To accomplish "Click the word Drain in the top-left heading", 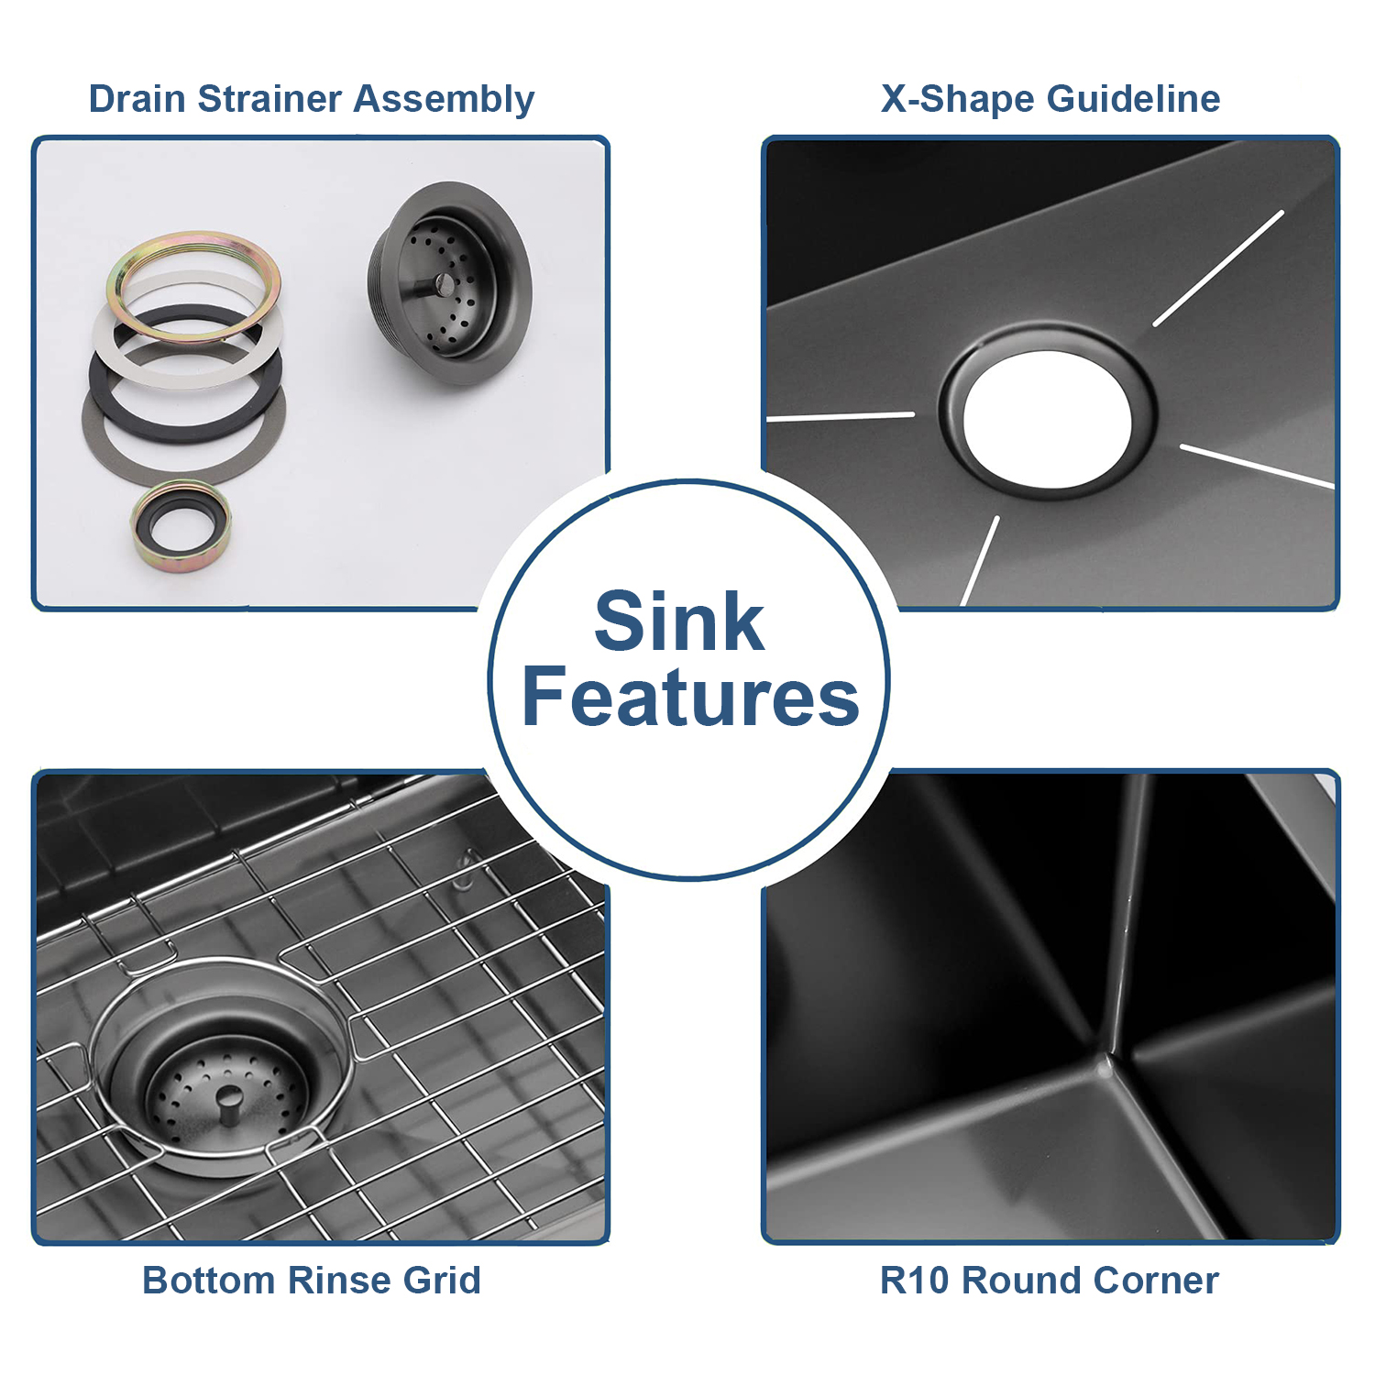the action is [x=137, y=99].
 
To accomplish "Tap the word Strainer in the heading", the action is [x=270, y=99].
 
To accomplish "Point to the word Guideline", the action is [x=1134, y=99].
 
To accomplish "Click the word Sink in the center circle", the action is [x=679, y=621].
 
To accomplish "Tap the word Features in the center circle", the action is [x=691, y=697].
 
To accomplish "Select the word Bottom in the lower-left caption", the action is [x=208, y=1280].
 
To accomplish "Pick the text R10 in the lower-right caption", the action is [x=915, y=1280].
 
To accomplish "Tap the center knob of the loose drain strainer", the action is [x=444, y=283].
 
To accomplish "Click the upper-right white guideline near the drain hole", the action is [x=1218, y=269].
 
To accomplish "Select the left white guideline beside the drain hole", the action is [x=841, y=417].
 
